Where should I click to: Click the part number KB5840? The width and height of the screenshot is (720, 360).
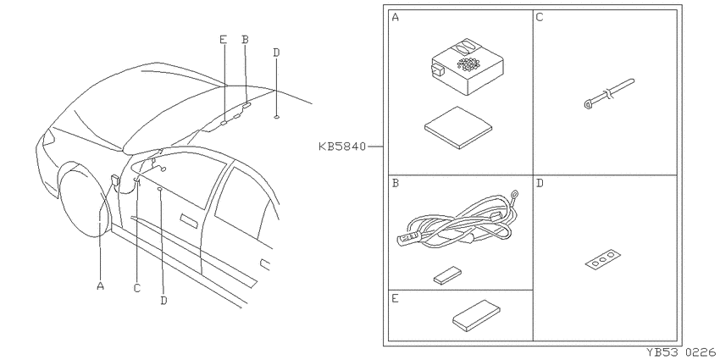tap(342, 147)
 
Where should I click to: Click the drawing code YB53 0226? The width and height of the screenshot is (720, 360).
tap(681, 352)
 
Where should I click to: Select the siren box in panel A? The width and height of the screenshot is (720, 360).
tap(468, 67)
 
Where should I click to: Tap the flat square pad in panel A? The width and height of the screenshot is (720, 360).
tap(458, 128)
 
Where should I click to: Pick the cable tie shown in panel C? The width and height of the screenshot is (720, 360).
tap(609, 95)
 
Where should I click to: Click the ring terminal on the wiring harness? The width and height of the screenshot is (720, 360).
tap(514, 196)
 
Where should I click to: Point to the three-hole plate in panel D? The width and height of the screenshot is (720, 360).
tap(603, 259)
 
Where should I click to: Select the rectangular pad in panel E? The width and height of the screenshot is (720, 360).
tap(476, 316)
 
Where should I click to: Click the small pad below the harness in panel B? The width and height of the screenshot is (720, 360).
tap(447, 275)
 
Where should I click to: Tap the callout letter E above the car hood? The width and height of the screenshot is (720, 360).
tap(223, 40)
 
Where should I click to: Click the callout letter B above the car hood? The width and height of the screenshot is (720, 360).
tap(245, 40)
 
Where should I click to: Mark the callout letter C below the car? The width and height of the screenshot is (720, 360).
tap(137, 288)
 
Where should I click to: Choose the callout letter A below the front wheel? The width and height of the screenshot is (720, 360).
tap(101, 286)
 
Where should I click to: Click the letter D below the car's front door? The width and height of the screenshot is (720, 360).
tap(164, 301)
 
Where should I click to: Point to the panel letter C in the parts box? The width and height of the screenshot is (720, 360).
tap(540, 18)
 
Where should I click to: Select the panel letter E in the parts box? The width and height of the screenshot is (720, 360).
tap(396, 299)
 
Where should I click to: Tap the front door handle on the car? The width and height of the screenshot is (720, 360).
tap(189, 220)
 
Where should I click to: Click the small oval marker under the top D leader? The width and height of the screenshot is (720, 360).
tap(276, 118)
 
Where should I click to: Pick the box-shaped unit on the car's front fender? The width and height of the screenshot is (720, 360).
tap(115, 180)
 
